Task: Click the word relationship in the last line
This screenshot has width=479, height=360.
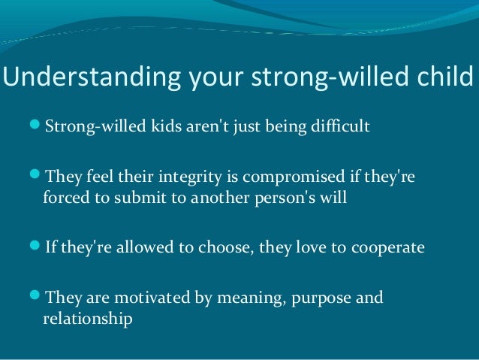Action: (x=88, y=319)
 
